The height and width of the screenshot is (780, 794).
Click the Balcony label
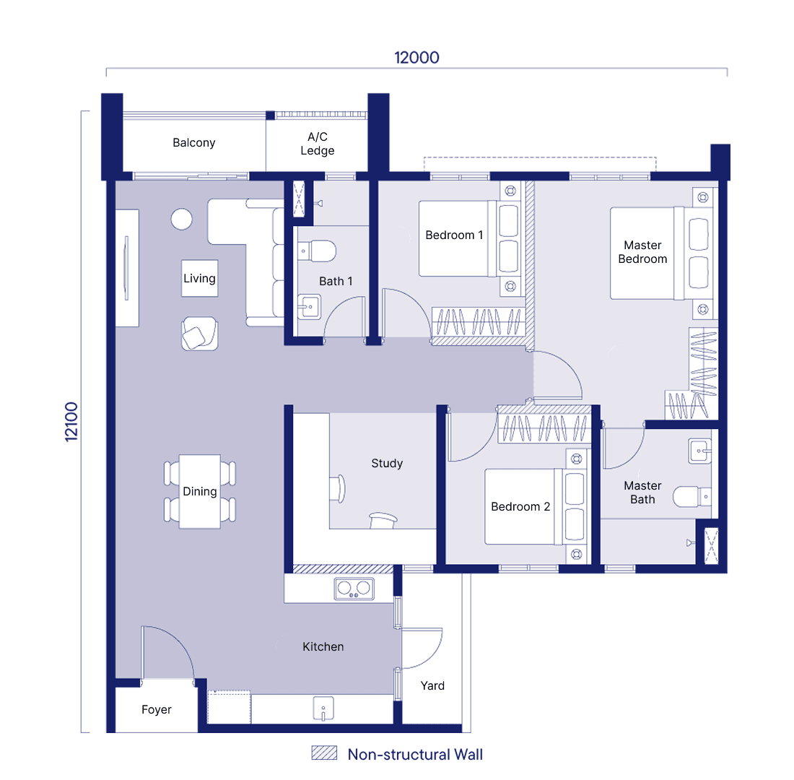coord(194,143)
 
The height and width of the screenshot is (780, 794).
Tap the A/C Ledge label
coord(318,144)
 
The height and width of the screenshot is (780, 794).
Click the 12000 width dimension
coord(416,58)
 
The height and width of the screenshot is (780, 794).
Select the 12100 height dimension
coord(72,422)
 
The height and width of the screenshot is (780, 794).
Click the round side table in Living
coord(181,220)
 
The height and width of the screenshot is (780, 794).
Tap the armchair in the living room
coord(199,334)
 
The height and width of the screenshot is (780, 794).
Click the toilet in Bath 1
coord(317,251)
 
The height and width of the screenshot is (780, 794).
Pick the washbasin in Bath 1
coord(309,307)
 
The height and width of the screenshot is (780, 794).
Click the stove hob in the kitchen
coord(354,589)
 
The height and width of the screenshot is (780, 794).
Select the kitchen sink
coord(323,708)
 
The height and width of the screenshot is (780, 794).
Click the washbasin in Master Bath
coord(700,451)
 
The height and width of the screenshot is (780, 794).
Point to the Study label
coord(387,463)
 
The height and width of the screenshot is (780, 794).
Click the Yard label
coord(432,685)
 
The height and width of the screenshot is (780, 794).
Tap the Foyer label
coord(157,709)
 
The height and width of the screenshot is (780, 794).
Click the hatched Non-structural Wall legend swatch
coord(324,753)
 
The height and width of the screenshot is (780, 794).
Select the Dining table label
coord(199,492)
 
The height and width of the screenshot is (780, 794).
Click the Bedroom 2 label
coord(520,507)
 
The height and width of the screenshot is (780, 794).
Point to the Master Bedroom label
coord(642,252)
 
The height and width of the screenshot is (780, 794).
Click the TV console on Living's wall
coord(126,268)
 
